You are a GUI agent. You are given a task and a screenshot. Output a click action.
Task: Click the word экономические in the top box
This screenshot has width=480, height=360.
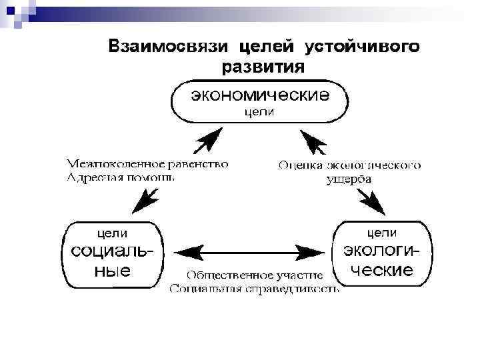tap(260, 96)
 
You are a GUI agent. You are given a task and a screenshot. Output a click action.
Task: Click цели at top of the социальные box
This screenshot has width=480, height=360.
tap(113, 233)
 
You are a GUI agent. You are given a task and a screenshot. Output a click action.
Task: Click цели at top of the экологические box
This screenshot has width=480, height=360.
tap(383, 233)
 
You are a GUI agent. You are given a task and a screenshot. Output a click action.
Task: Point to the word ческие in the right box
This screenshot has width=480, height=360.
tap(382, 271)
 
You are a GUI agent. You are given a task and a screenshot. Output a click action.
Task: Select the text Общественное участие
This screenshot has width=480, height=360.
tap(255, 275)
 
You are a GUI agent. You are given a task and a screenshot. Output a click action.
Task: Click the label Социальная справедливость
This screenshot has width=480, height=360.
tap(255, 289)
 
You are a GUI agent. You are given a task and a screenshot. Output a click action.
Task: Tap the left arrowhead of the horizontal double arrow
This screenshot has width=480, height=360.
tap(189, 252)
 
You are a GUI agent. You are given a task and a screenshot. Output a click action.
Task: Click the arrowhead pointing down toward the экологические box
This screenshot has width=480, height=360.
tap(375, 202)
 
